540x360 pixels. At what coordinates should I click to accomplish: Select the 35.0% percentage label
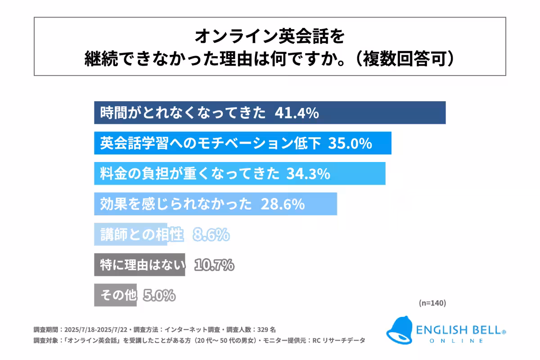(x=350, y=144)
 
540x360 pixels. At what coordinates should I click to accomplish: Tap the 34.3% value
(x=308, y=174)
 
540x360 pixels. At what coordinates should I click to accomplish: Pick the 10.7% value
(x=214, y=265)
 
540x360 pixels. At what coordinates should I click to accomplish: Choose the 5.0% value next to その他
(x=159, y=296)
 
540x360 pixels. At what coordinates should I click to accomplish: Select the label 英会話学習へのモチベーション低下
(x=211, y=144)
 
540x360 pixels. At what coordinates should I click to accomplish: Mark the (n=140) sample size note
(x=432, y=303)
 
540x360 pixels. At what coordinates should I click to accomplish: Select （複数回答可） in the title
(x=401, y=59)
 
